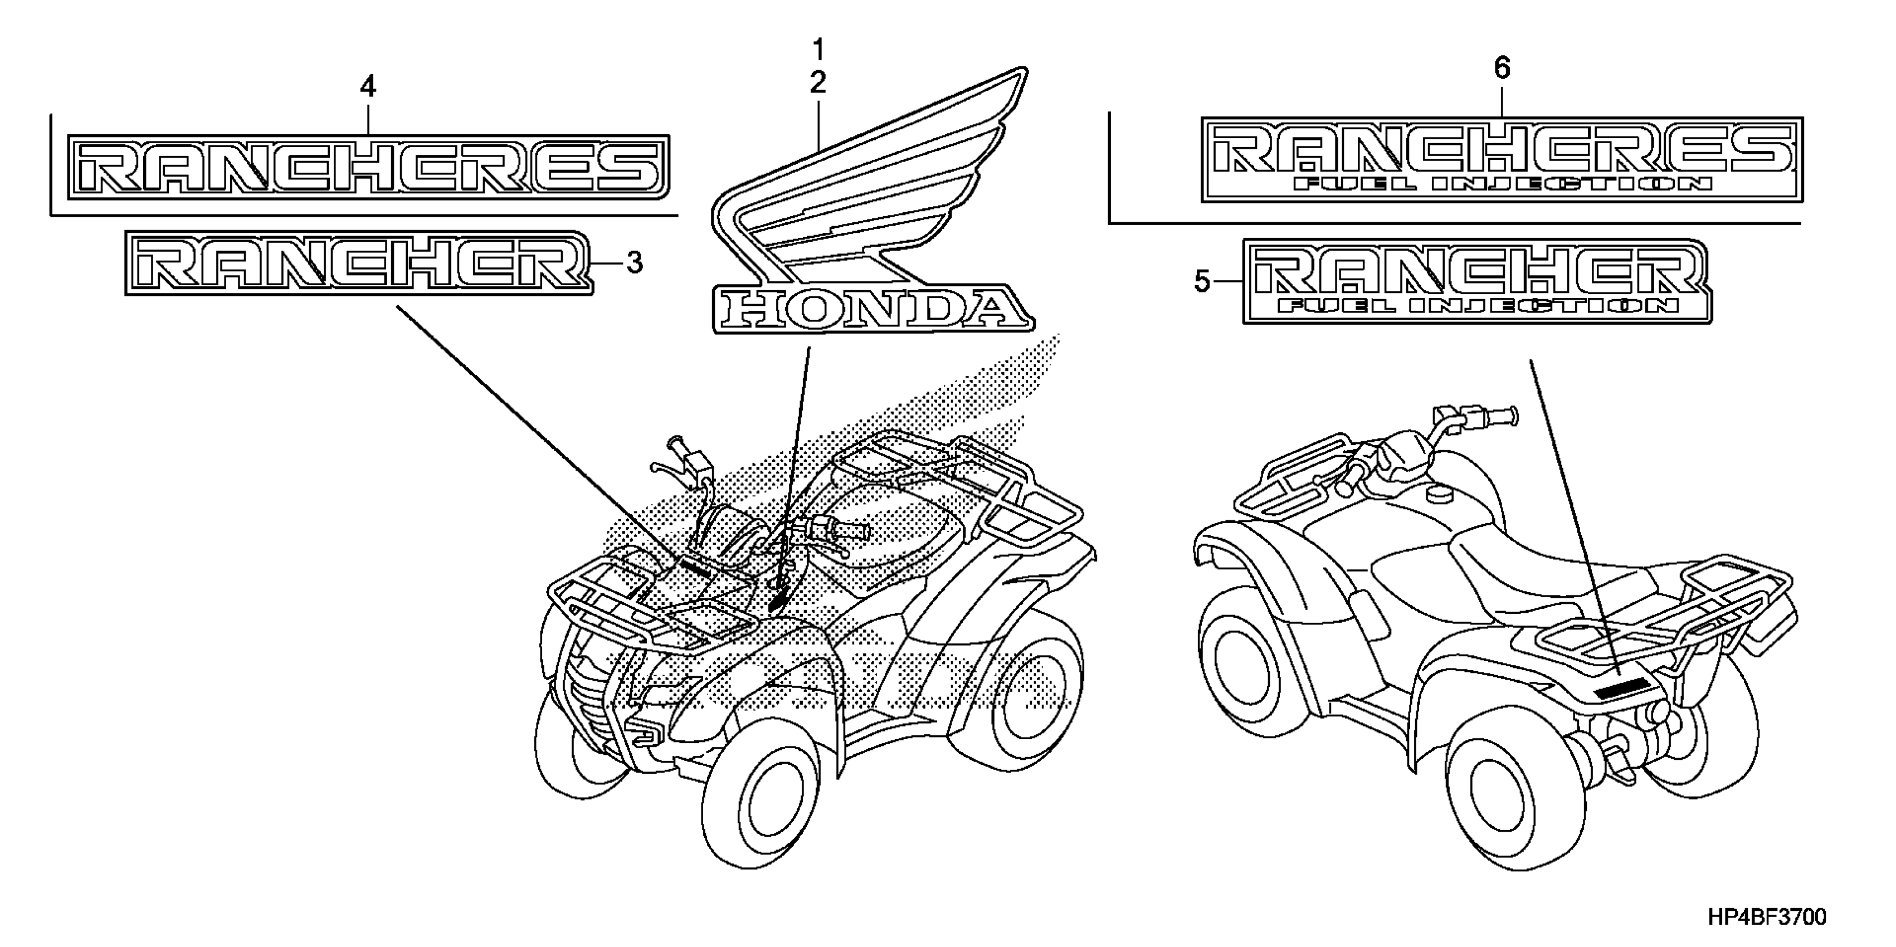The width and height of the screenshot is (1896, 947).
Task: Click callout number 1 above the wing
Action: click(x=818, y=51)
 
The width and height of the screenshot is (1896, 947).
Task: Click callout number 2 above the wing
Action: click(x=818, y=83)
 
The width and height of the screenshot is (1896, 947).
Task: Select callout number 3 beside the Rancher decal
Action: click(x=635, y=263)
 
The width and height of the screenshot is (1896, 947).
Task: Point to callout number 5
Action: click(x=1202, y=281)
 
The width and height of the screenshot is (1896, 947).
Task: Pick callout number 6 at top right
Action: click(x=1502, y=69)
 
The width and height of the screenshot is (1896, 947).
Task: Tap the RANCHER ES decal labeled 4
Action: click(x=368, y=167)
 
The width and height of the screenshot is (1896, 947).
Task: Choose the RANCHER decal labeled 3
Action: click(x=359, y=263)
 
